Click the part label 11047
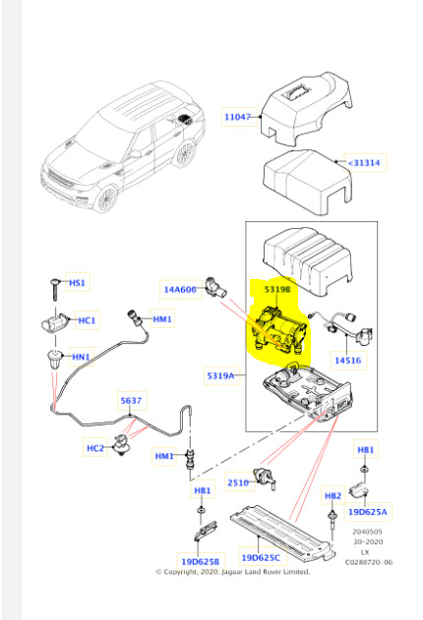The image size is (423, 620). (x=237, y=117)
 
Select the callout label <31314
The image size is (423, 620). (x=364, y=162)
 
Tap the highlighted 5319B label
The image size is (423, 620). (x=277, y=290)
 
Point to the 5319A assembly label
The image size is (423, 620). (x=220, y=375)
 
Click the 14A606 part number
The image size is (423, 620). (x=180, y=290)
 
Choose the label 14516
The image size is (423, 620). (x=348, y=361)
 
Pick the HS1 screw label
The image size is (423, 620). (x=77, y=283)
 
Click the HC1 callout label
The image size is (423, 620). (x=87, y=320)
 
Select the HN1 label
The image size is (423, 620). (x=81, y=357)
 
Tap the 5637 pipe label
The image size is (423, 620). (x=131, y=401)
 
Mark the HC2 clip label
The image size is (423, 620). (x=95, y=448)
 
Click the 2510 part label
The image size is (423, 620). (x=238, y=482)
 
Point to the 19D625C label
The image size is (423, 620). (x=261, y=557)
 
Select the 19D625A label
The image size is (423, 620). (x=367, y=512)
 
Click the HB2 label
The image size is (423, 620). (x=332, y=496)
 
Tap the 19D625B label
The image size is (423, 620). (x=201, y=561)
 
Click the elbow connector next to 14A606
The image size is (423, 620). (x=215, y=288)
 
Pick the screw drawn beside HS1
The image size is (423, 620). (x=54, y=289)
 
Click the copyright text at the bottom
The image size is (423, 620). (x=233, y=572)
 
